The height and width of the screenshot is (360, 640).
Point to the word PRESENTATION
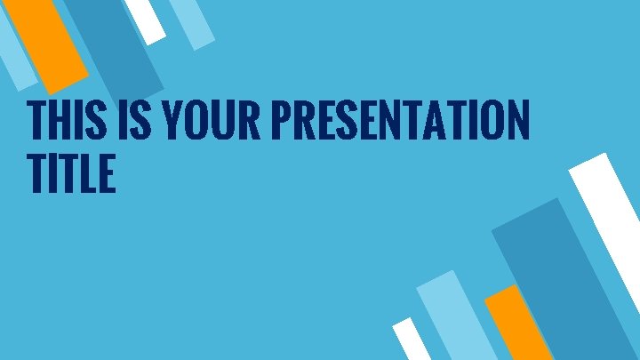pos(400,122)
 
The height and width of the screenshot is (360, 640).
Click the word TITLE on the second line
pos(71,173)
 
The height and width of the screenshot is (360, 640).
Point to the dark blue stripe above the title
pos(111,44)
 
